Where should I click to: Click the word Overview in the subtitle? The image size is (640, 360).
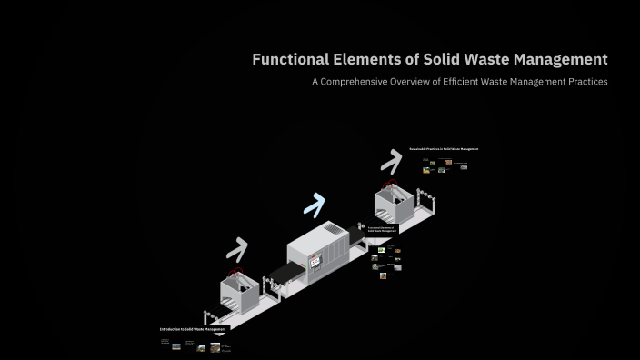pos(435,82)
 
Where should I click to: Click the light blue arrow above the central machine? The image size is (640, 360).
pos(315,205)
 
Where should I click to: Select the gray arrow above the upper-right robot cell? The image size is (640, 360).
pos(391,162)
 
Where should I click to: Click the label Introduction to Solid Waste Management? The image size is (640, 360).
pos(193,329)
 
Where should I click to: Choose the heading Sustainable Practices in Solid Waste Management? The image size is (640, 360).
pos(444,149)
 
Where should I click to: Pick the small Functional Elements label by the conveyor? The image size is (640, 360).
pos(382,230)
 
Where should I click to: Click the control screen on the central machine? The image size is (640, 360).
pos(317,263)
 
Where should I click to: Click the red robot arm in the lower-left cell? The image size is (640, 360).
pos(238,273)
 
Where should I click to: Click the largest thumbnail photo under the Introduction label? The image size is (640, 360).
pos(221,346)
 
